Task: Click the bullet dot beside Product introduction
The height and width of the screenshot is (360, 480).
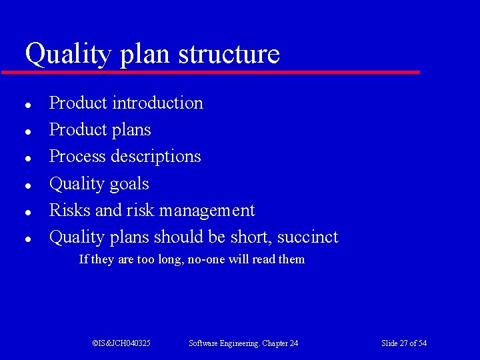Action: pos(25,105)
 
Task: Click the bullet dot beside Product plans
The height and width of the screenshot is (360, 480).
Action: pos(25,131)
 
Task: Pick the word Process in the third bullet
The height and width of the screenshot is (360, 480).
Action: pos(77,157)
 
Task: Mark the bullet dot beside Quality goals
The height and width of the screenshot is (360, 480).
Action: pos(25,185)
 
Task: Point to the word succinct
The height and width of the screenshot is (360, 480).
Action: pos(307,237)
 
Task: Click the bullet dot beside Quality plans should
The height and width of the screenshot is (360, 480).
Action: pos(25,239)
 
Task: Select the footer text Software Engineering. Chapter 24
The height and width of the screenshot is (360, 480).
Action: pos(243,343)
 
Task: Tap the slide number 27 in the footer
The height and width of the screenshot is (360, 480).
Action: pos(403,343)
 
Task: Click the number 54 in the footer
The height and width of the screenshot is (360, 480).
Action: pos(422,343)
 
